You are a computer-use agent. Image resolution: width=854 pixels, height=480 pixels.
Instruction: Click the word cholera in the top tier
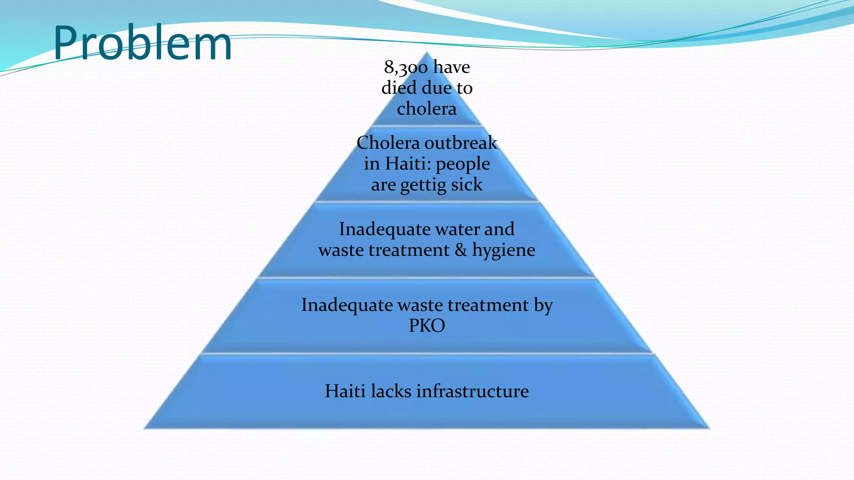pos(427,109)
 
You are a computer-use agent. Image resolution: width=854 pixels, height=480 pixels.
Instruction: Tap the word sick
pos(467,184)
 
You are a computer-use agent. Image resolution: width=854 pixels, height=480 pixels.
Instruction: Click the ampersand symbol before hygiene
pos(460,250)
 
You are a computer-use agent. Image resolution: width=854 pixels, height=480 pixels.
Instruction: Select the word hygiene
pos(503,250)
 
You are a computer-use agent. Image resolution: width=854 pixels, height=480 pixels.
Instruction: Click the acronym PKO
pos(427,325)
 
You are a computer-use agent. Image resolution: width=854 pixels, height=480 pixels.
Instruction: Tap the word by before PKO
pos(543,305)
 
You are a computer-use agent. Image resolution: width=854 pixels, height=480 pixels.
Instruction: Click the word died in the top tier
pos(399,88)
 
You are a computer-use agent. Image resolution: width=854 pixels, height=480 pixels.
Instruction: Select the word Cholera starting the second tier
pos(388,143)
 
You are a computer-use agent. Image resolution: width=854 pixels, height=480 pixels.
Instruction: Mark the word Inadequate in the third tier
pos(384,229)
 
